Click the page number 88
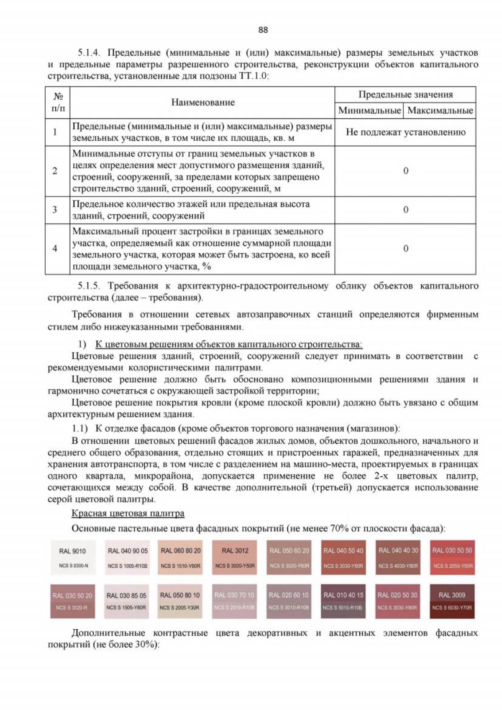click(263, 30)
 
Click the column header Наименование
click(203, 103)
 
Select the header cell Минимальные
click(369, 111)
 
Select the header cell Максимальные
click(440, 111)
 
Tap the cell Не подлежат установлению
click(405, 132)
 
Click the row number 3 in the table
click(55, 210)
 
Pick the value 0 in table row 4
click(405, 249)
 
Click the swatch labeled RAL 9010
click(73, 557)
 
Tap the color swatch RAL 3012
click(235, 557)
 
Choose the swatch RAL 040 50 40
click(343, 557)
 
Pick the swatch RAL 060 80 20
click(180, 557)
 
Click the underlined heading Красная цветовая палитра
click(128, 513)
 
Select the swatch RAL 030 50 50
click(452, 557)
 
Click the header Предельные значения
click(405, 95)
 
